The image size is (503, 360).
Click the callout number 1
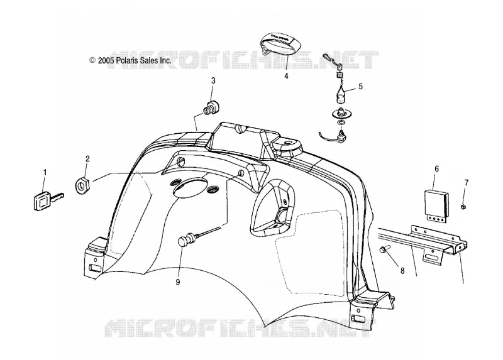(x=45, y=173)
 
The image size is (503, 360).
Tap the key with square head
(x=48, y=200)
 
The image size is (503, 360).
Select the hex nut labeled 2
(x=84, y=185)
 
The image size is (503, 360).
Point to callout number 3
(x=213, y=80)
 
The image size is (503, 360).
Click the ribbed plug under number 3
(x=210, y=107)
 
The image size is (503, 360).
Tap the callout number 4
(x=286, y=76)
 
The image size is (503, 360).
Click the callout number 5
(x=360, y=86)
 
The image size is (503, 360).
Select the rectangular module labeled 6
(x=436, y=205)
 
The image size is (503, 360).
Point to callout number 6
(x=436, y=169)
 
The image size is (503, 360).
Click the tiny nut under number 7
(x=463, y=207)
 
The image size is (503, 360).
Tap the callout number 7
(x=467, y=183)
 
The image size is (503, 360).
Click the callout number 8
(x=402, y=271)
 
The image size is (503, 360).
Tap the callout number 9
(x=178, y=282)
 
